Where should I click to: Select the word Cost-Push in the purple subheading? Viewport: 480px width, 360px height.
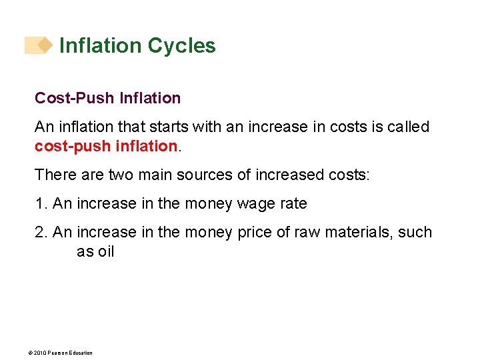[75, 98]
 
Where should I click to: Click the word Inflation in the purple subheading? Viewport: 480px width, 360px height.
[150, 98]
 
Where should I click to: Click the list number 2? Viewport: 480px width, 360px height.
[41, 233]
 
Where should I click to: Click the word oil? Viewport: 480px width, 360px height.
[105, 251]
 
